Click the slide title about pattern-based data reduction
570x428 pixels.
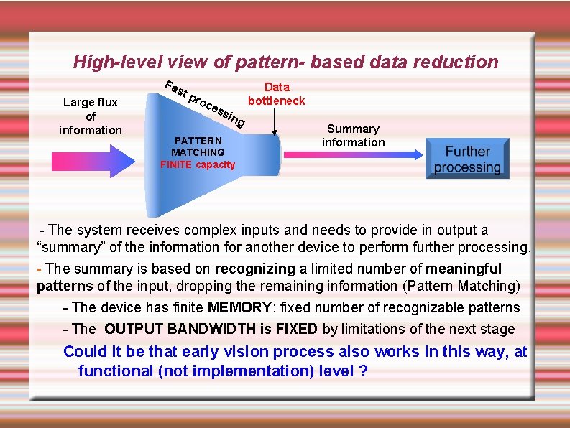click(x=285, y=62)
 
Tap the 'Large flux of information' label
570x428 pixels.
click(x=91, y=116)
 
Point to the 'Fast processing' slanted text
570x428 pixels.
click(x=206, y=105)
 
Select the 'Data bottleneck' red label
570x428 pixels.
click(x=277, y=94)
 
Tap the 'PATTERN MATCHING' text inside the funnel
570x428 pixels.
click(x=198, y=146)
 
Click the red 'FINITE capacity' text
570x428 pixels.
click(x=198, y=164)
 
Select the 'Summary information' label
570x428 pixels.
click(x=353, y=136)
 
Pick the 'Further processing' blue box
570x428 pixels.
click(x=466, y=159)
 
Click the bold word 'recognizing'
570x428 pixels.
click(x=254, y=269)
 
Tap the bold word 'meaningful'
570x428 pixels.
click(x=464, y=269)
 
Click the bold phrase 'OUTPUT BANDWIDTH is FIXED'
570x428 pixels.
click(x=211, y=330)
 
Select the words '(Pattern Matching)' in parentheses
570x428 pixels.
click(x=460, y=286)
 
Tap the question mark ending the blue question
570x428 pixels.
click(x=363, y=371)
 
